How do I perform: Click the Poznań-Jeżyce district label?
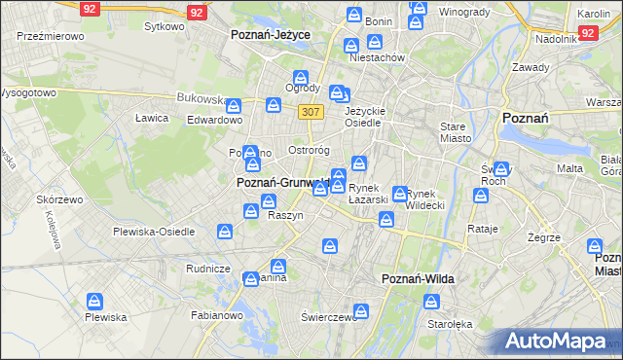point(270,34)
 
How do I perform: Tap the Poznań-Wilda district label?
point(416,279)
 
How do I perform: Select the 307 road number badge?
point(311,112)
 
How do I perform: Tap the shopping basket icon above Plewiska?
point(94,302)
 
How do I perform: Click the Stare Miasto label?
point(455,132)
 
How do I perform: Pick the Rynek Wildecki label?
point(425,199)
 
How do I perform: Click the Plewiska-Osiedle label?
point(154,233)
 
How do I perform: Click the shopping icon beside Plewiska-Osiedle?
point(225,232)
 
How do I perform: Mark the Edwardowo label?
point(214,120)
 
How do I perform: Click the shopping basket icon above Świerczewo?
point(361,311)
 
